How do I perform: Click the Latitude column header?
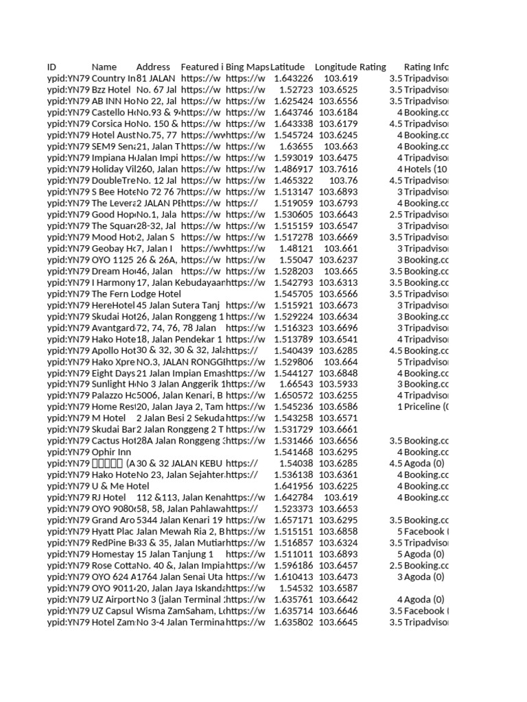[287, 67]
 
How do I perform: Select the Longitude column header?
[335, 67]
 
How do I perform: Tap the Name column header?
[104, 67]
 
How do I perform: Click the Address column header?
[153, 67]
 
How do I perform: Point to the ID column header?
[51, 67]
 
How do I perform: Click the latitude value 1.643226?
[293, 79]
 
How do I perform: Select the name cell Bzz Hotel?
[111, 90]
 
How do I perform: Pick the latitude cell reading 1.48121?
[296, 248]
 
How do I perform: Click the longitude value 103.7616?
[338, 169]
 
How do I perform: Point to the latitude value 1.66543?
[296, 384]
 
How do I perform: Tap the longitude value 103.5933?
[338, 384]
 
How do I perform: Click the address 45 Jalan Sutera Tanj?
[176, 305]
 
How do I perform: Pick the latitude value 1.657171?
[293, 520]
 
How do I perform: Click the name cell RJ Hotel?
[108, 497]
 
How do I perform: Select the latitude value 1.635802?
[293, 622]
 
